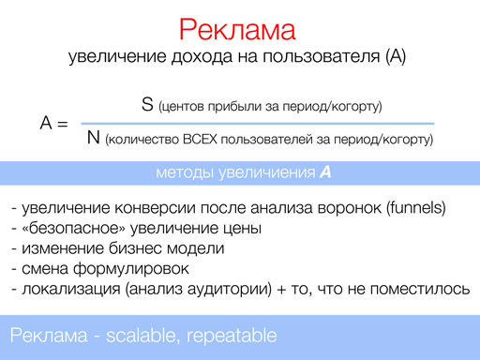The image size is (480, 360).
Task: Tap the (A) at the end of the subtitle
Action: pyautogui.click(x=395, y=57)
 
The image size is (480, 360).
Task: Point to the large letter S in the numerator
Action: pyautogui.click(x=147, y=105)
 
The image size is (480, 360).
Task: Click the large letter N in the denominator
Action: pyautogui.click(x=93, y=139)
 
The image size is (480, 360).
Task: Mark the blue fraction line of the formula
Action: pyautogui.click(x=257, y=123)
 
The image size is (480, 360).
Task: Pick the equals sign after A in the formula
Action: pyautogui.click(x=63, y=124)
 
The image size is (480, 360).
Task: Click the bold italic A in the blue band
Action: pyautogui.click(x=325, y=172)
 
